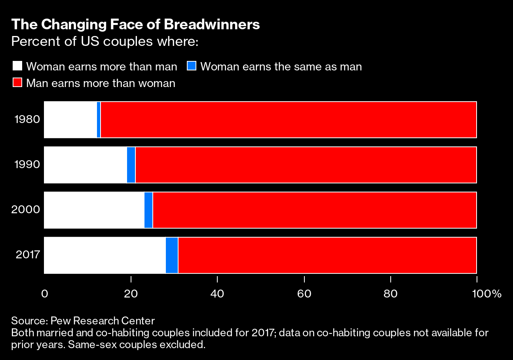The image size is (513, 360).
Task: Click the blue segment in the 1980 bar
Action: click(x=99, y=120)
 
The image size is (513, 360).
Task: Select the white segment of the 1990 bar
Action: click(x=85, y=165)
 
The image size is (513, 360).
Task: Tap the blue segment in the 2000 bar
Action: click(x=148, y=210)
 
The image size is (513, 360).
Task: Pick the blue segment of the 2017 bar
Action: click(x=172, y=255)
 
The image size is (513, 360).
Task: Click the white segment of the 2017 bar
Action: click(x=104, y=255)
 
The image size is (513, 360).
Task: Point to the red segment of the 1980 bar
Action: click(x=288, y=120)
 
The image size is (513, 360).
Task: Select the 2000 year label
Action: click(x=26, y=210)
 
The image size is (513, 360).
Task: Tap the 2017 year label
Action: click(x=28, y=254)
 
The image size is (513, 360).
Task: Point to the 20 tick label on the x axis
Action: click(x=131, y=294)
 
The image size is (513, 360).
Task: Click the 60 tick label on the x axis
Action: click(x=304, y=294)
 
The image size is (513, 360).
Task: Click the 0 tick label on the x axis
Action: click(x=44, y=294)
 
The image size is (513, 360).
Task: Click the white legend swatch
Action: click(x=17, y=66)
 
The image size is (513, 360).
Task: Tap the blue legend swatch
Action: click(x=192, y=66)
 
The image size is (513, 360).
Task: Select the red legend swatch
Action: click(x=17, y=83)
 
